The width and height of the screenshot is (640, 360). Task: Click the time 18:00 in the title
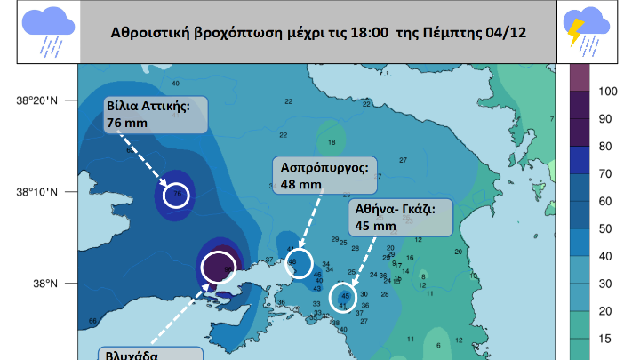[x=370, y=33]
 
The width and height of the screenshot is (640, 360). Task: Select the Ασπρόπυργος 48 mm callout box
[x=324, y=176]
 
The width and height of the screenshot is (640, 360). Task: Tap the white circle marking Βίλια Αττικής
[x=177, y=196]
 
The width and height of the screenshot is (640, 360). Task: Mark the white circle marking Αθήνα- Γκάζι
[x=341, y=296]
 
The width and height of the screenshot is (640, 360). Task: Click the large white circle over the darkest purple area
[x=218, y=266]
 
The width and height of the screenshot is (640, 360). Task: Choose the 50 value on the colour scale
[x=604, y=228]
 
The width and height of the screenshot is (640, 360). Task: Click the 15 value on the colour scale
[x=604, y=339]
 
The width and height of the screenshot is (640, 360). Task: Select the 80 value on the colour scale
[x=604, y=146]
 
